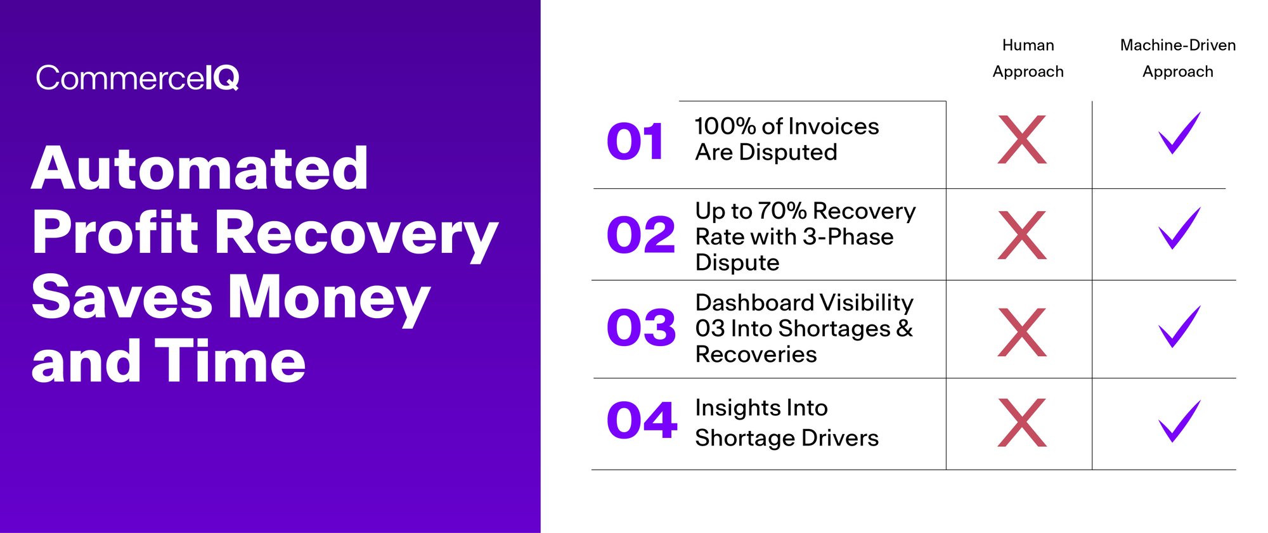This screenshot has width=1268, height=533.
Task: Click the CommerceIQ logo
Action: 137,79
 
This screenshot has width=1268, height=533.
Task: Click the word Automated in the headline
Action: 200,169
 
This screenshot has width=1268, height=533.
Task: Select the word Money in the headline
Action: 328,298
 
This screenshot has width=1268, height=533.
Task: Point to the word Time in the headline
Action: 230,361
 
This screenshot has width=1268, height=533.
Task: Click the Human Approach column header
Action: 1028,58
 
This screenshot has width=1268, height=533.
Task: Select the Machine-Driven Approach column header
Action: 1177,58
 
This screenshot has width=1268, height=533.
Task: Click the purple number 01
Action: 635,141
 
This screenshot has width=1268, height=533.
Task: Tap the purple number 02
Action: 640,235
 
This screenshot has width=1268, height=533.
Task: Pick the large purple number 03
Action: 641,328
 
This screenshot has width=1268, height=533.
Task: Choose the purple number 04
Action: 642,420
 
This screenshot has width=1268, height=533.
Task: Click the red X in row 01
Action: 1021,139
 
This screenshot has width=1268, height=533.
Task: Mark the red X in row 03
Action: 1021,332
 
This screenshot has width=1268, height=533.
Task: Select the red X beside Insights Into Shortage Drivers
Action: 1021,423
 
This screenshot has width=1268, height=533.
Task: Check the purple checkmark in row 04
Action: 1179,421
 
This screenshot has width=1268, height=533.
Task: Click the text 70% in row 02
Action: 782,210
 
